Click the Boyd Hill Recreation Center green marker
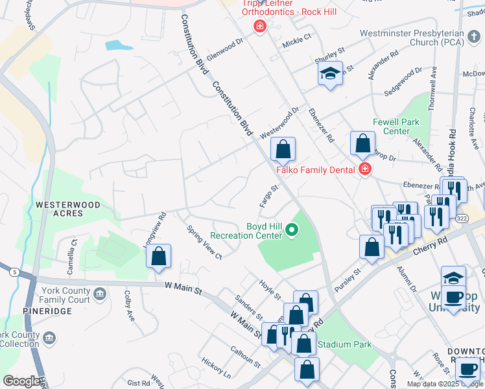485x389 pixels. coord(292,229)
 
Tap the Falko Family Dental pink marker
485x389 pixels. coord(364,170)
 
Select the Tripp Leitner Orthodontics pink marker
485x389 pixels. coord(259,27)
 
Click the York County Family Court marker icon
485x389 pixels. coord(100,295)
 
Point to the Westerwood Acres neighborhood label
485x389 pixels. coord(68,209)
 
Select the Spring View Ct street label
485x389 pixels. coord(204,242)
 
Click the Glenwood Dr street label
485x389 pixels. coord(224,45)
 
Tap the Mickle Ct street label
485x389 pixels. coord(297,42)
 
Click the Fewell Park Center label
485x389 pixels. coord(396,126)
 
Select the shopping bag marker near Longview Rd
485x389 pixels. coord(158,256)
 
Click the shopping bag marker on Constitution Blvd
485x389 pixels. coord(283,150)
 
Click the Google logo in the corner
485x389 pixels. coord(21,381)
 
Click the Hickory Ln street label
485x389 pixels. coord(216,368)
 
